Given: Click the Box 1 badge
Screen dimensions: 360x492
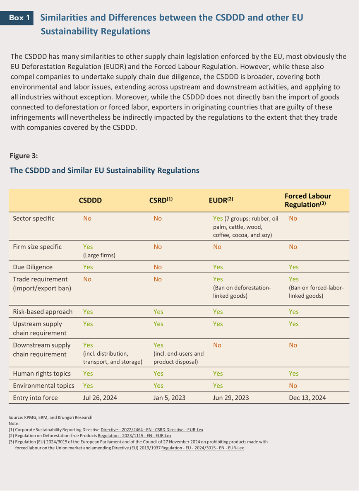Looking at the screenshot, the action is coord(17,18).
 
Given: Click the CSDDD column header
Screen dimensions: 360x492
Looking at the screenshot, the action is coord(90,200).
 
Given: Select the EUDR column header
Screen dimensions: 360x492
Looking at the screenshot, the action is coord(221,200).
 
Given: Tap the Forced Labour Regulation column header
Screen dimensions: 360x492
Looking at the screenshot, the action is coord(308,200).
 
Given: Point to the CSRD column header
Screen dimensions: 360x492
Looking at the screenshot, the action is coord(161,200).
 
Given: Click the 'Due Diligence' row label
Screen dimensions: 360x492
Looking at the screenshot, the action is coord(33,267).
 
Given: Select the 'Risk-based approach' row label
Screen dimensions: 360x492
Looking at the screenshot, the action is coord(43,311).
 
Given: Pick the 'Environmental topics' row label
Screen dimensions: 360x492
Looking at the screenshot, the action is coord(43,386).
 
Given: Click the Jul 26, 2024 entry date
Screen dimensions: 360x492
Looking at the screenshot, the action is coord(100,398).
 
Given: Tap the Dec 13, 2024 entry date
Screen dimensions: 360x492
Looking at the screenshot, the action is coord(307,398).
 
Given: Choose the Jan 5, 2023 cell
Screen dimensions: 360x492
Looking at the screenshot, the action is coord(169,398).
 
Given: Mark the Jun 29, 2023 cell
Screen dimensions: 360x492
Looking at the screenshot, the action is coord(231,398).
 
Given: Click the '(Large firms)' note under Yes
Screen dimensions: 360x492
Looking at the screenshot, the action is coord(99,256).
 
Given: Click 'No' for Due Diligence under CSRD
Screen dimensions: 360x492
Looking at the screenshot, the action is coord(158,267).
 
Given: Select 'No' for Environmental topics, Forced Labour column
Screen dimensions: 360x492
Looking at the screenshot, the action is coord(293,386).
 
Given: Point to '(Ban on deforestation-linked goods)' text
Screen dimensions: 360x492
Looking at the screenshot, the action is coord(242,292).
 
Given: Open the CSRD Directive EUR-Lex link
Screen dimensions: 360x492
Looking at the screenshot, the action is coord(152,429).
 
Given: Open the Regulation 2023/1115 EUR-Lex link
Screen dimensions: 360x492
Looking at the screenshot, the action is coord(134,436).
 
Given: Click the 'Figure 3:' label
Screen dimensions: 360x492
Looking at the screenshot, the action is coord(24,156).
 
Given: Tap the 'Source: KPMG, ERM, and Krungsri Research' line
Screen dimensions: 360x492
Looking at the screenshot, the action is coord(50,417).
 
